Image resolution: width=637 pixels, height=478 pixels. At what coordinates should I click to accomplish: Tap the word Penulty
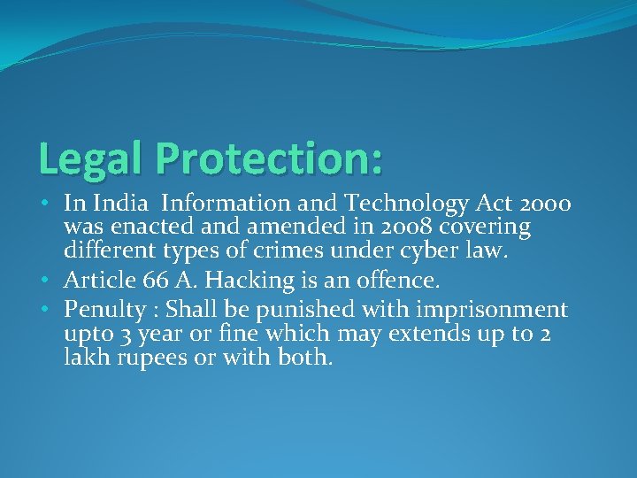pos(103,311)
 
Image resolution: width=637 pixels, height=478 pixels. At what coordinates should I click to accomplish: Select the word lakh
pos(85,358)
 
